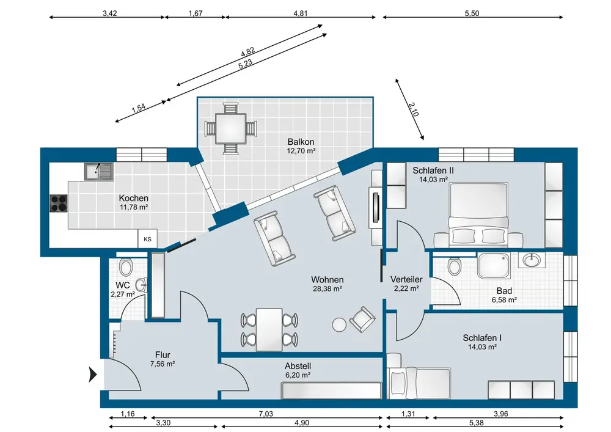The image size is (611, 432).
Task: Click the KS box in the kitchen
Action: point(147,239)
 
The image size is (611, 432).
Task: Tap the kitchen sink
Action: point(98,172)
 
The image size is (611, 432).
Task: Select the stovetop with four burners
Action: point(58,202)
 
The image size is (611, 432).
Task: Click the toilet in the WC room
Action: point(126,267)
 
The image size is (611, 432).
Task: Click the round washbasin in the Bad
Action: point(532,261)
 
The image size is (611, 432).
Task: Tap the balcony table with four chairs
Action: point(230,128)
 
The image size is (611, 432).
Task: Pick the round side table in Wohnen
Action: point(338,324)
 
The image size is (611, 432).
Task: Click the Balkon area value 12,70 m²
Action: point(301,150)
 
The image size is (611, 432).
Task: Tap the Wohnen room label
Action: point(326,279)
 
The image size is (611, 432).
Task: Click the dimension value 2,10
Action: point(413,109)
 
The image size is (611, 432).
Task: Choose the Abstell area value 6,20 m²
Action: point(298,375)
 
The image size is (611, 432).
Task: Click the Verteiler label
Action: point(406,280)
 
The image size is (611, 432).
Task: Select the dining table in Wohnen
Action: point(269,329)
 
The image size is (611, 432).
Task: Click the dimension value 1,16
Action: point(128,414)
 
